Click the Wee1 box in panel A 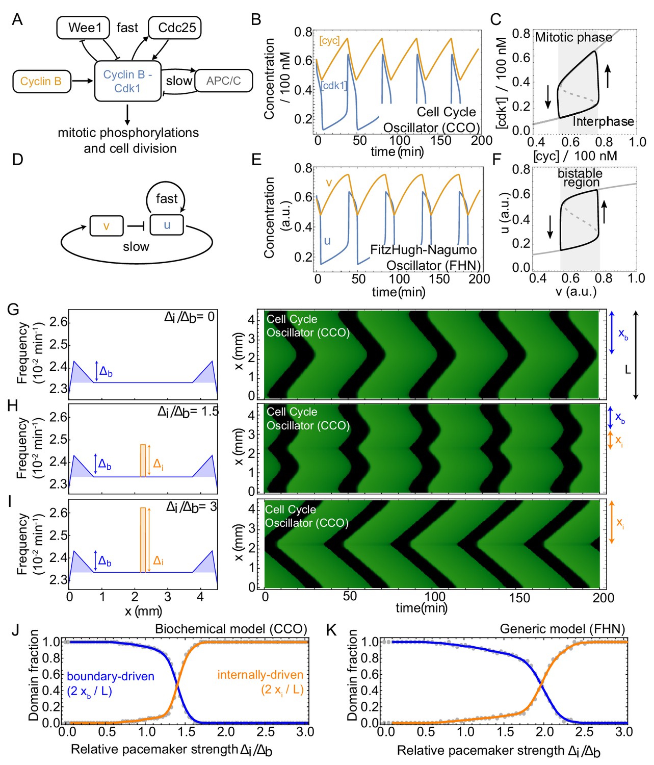click(83, 28)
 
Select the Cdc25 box click(174, 28)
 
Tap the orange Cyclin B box click(41, 82)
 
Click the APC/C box click(223, 81)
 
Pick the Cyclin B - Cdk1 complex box click(127, 81)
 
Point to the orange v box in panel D click(106, 225)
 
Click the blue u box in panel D click(167, 225)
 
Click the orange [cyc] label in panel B click(329, 41)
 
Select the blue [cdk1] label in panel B click(334, 86)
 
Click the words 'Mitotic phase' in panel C click(573, 37)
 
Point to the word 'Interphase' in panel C click(603, 121)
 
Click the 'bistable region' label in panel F click(580, 178)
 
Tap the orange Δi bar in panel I click(143, 540)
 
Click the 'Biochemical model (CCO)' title click(231, 629)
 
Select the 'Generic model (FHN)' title click(562, 629)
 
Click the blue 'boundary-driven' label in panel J click(111, 676)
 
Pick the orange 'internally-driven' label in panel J click(260, 675)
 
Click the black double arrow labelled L click(636, 355)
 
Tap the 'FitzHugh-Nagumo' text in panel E click(423, 250)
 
